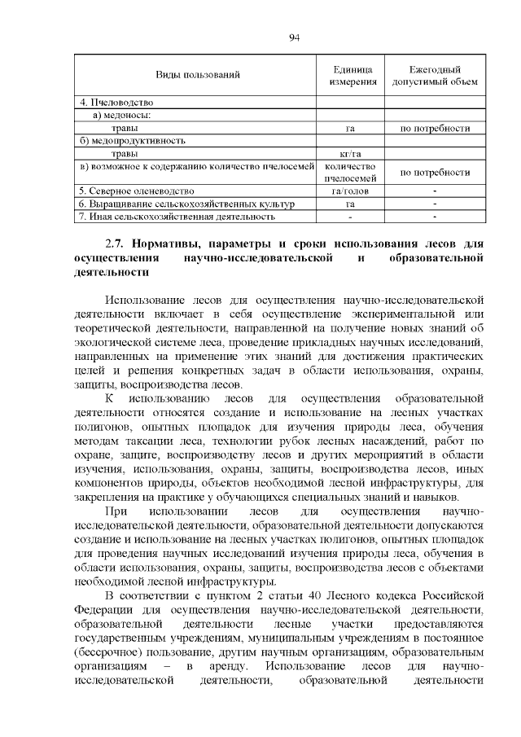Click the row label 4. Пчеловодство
click(x=116, y=103)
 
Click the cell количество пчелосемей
click(x=350, y=172)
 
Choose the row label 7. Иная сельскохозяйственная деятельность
click(x=177, y=217)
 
